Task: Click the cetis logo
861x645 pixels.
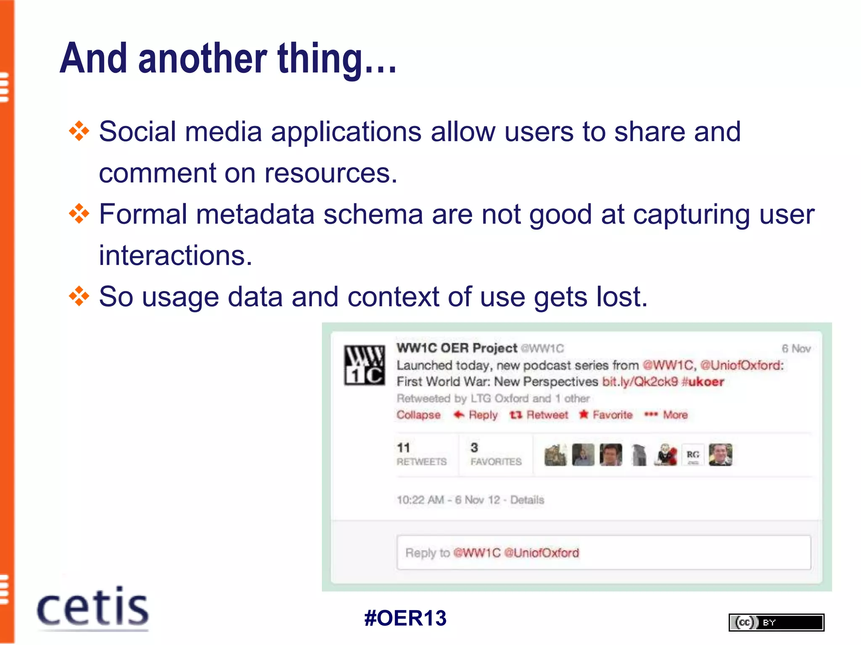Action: [x=92, y=608]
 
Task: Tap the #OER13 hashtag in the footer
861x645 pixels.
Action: [x=405, y=618]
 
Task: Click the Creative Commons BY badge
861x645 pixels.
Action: [x=776, y=622]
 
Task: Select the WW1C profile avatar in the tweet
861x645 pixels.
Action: [x=364, y=365]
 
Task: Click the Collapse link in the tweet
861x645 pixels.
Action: [x=418, y=415]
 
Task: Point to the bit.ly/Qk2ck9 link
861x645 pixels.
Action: [x=640, y=382]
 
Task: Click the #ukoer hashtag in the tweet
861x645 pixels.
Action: [x=703, y=382]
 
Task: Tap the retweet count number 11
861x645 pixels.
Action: [x=403, y=448]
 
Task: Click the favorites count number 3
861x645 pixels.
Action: [x=474, y=448]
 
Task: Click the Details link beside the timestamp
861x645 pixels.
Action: [x=527, y=500]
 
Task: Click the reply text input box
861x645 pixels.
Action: [x=603, y=553]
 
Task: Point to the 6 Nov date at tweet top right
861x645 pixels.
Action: [x=796, y=349]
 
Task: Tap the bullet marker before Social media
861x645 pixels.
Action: [x=79, y=131]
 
